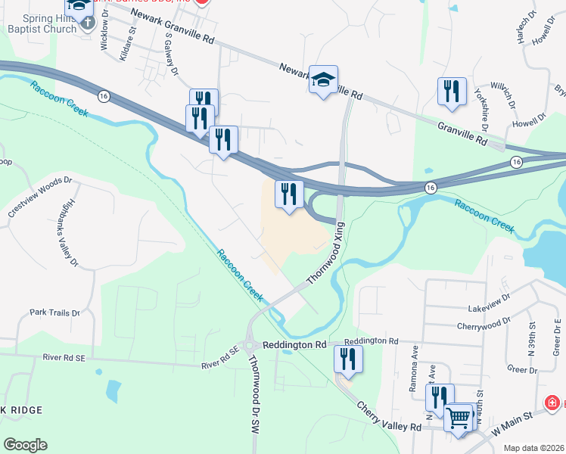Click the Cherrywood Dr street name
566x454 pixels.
[485, 325]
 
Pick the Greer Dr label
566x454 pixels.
[522, 369]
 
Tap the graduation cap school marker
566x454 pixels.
[323, 80]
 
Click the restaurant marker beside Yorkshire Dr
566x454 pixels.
[452, 92]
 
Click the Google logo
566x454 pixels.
[25, 444]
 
